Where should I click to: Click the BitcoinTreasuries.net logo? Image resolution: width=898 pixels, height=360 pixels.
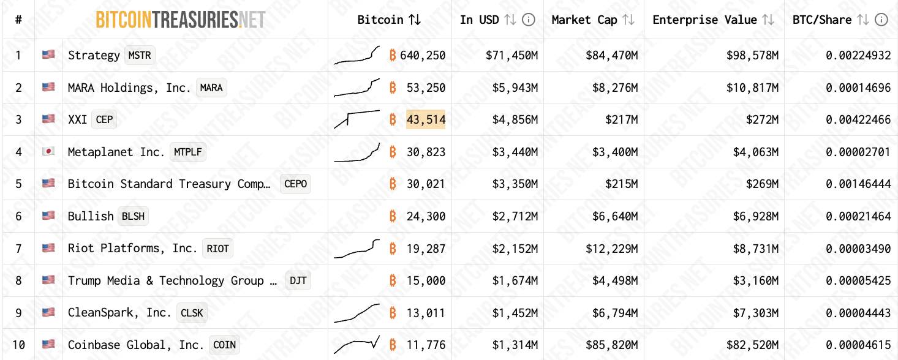click(181, 20)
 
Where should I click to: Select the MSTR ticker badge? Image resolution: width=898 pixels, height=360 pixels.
click(140, 55)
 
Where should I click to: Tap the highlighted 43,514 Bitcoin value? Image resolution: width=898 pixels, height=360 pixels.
click(426, 119)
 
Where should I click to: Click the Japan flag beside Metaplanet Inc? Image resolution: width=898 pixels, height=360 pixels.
click(48, 152)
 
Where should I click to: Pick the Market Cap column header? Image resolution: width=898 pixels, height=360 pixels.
click(584, 20)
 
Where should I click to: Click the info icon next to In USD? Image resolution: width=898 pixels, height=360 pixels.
click(529, 20)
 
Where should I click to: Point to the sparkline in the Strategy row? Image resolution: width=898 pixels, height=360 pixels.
click(357, 55)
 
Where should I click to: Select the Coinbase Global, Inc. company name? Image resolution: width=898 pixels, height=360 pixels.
click(135, 345)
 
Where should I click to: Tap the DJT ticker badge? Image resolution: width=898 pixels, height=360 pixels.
click(298, 280)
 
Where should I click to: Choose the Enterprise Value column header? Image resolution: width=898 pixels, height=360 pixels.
click(704, 20)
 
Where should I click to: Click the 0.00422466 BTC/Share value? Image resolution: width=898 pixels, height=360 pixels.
click(858, 119)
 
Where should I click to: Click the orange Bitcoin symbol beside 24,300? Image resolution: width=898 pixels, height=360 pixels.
click(393, 216)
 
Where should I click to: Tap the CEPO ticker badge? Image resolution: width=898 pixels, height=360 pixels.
click(295, 184)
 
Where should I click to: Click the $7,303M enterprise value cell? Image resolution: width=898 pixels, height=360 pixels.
click(758, 313)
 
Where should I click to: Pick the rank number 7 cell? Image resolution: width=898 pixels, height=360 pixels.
click(18, 249)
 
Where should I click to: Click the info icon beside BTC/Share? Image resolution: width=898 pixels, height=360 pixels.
click(881, 20)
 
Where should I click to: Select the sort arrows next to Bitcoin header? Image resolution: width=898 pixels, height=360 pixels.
click(415, 20)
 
